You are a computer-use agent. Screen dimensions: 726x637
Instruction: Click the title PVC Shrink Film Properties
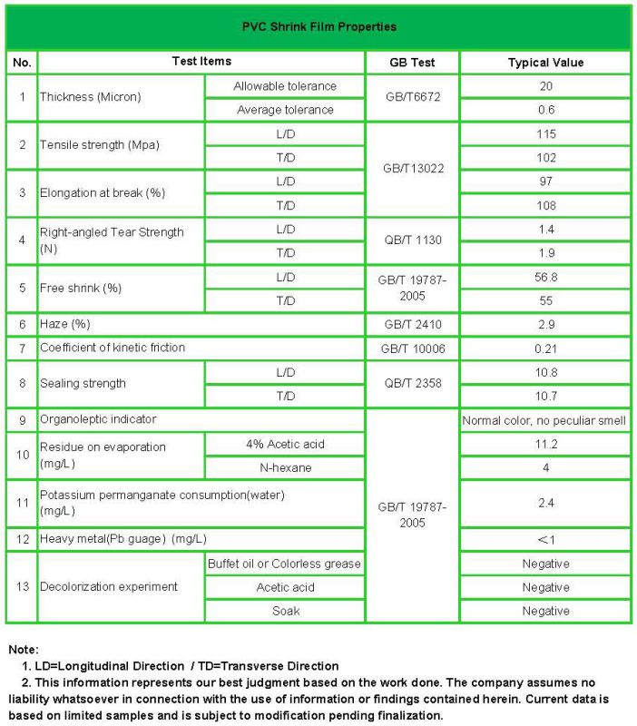click(318, 26)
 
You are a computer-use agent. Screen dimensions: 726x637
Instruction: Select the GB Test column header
click(411, 63)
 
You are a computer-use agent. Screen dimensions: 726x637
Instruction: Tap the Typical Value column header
click(544, 63)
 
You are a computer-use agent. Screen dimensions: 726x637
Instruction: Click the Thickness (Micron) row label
click(91, 97)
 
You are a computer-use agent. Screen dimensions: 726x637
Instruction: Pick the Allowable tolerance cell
click(284, 86)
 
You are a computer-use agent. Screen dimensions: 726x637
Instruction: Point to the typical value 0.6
click(544, 110)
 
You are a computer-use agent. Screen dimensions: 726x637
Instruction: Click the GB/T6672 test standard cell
click(411, 97)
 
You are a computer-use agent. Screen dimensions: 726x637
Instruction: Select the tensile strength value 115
click(544, 133)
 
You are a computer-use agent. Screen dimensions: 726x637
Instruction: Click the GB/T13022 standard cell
click(413, 169)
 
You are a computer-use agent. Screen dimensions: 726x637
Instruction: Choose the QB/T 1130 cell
click(412, 240)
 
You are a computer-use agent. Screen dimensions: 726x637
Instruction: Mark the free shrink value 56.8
click(544, 277)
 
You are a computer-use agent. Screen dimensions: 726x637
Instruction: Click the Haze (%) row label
click(65, 324)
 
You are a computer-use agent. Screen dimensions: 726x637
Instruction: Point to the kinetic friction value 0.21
click(544, 348)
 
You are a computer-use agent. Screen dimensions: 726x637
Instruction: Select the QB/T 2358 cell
click(412, 383)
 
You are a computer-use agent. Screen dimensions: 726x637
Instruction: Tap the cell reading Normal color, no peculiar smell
click(544, 420)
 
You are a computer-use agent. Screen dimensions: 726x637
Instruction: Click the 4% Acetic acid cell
click(284, 444)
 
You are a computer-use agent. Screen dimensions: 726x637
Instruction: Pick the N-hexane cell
click(285, 467)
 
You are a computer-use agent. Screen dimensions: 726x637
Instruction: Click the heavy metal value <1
click(544, 540)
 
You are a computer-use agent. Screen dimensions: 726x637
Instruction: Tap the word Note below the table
click(23, 650)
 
